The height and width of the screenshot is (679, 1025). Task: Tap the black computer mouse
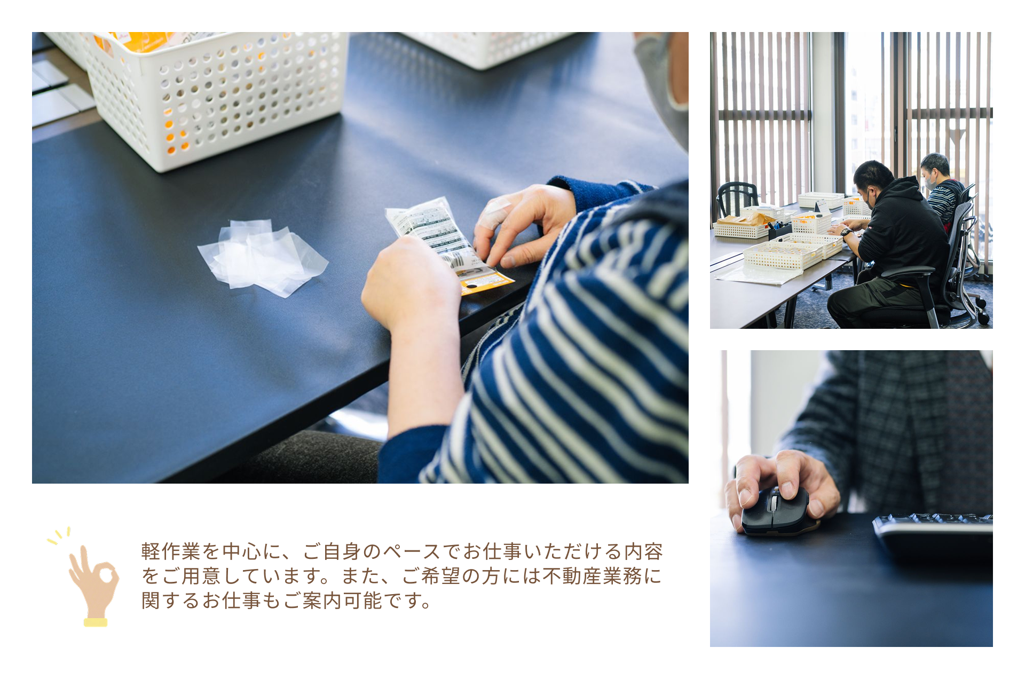pos(775,511)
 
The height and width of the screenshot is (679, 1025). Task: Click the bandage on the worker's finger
pos(491,215)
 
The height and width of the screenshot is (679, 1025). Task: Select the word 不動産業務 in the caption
pos(592,576)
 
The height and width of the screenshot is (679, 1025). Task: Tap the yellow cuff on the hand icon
pos(96,622)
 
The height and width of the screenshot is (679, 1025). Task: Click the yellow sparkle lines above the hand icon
pos(59,536)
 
